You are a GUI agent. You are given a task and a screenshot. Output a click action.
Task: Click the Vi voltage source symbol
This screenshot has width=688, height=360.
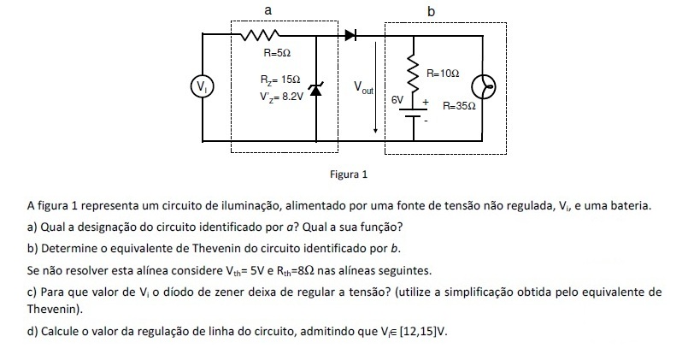pos(202,86)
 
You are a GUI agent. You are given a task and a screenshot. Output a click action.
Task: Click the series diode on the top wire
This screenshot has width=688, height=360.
pos(351,35)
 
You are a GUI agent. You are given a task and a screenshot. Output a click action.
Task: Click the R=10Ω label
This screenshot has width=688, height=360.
pos(443,75)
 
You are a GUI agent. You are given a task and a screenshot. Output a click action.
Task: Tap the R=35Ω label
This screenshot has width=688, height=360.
pos(459,109)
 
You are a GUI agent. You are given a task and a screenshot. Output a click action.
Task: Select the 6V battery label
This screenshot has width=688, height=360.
pos(397,100)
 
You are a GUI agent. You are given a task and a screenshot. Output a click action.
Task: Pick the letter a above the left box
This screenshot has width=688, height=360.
pos(268,9)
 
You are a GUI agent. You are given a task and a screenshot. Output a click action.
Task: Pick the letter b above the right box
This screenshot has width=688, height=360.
pos(430,11)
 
